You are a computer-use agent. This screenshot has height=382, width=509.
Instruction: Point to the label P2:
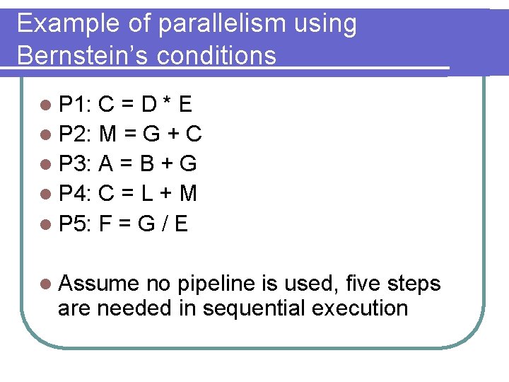tap(74, 134)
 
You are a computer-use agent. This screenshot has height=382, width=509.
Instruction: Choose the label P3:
tap(74, 164)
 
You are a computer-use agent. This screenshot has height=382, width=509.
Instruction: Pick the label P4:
tap(74, 194)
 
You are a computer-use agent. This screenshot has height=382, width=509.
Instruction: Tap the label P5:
tap(74, 224)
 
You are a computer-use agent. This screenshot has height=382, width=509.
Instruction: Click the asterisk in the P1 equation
tap(166, 103)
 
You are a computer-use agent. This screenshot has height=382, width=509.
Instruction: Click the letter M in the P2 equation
tap(108, 134)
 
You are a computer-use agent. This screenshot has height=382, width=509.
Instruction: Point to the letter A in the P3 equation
tap(107, 164)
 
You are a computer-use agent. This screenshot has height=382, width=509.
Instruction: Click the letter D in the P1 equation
tap(148, 105)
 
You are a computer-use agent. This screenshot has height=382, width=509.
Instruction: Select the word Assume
tap(100, 284)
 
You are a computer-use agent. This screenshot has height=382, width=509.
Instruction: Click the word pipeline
tap(216, 284)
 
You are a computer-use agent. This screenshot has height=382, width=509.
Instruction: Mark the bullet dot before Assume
tap(46, 284)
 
